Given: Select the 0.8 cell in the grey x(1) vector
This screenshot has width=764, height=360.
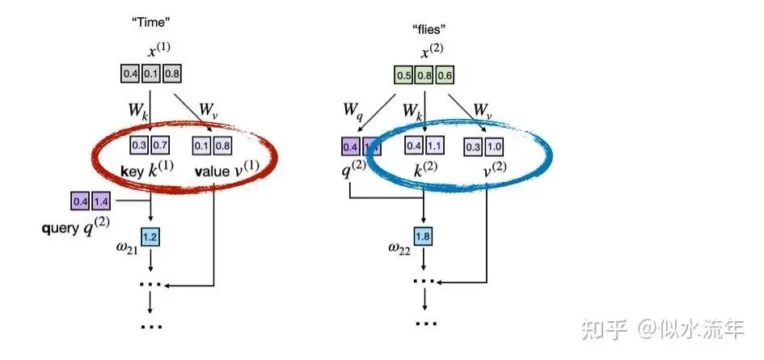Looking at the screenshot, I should (171, 74).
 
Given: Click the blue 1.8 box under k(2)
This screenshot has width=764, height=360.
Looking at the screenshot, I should (424, 236).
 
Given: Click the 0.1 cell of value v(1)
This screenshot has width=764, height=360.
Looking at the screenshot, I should (200, 146).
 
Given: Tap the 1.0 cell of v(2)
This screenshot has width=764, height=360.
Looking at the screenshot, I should (495, 146).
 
